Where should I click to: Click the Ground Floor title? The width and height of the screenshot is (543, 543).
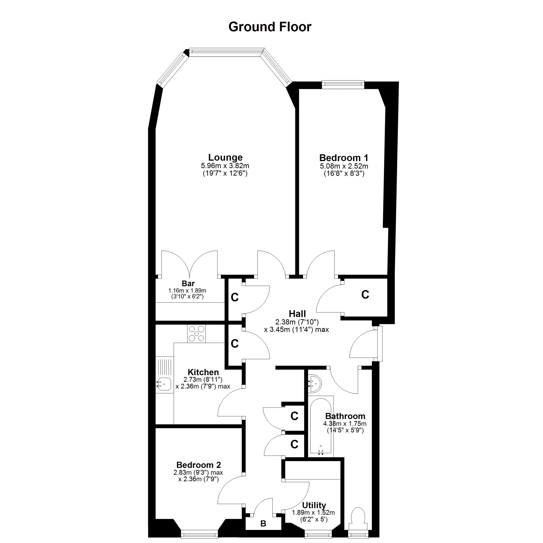(270, 27)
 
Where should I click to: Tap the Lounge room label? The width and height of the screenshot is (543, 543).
(225, 157)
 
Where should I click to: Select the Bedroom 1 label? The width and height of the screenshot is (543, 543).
(344, 158)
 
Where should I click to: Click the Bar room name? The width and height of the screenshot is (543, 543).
(188, 283)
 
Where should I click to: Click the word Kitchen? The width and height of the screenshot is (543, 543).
(203, 372)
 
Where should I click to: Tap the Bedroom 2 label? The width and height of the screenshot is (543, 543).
(199, 465)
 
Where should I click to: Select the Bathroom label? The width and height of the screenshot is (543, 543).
(345, 416)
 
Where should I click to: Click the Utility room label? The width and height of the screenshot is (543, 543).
(314, 505)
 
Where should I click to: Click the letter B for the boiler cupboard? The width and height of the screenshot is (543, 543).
(263, 523)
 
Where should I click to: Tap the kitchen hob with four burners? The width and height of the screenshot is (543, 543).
(196, 334)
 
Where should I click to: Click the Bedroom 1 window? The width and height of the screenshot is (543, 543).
(343, 84)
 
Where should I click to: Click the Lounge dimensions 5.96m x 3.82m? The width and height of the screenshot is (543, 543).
(225, 166)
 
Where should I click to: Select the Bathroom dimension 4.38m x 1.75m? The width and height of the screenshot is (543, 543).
(345, 424)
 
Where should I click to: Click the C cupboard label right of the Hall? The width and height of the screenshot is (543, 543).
(365, 295)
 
